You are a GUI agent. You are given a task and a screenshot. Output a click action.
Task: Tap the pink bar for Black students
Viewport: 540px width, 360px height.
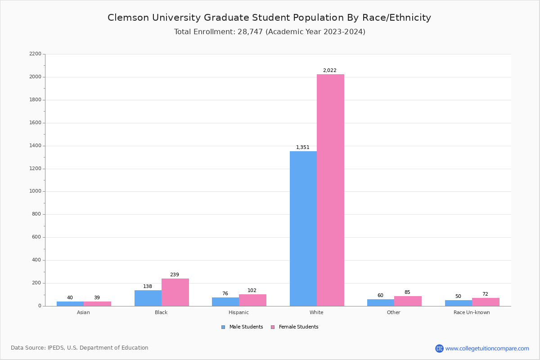[175, 292]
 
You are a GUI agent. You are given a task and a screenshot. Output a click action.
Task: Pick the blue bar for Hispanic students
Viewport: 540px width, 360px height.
[225, 301]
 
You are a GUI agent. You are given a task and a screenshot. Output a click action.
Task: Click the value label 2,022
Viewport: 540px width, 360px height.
[329, 70]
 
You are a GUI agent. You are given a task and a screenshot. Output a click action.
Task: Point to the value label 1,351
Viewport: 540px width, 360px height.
[302, 147]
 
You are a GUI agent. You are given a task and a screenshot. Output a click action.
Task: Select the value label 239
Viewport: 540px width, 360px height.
[175, 274]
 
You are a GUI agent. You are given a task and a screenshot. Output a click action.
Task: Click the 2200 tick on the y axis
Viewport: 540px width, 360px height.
[35, 54]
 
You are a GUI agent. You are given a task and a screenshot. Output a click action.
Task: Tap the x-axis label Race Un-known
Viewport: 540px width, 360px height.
[472, 312]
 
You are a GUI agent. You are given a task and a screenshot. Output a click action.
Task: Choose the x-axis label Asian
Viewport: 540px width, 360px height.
[83, 312]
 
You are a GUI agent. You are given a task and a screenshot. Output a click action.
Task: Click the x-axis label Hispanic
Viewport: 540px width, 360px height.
[238, 312]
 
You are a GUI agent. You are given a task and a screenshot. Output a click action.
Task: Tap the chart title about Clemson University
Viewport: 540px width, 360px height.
[269, 18]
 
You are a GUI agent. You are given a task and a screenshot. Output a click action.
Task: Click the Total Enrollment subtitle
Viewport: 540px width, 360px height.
[270, 32]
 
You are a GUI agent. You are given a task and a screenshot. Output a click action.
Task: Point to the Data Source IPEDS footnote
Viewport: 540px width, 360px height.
[80, 348]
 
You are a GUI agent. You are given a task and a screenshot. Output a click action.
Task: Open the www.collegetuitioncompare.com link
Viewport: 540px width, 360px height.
[487, 348]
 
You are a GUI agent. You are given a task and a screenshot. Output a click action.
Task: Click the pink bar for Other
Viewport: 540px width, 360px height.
[408, 301]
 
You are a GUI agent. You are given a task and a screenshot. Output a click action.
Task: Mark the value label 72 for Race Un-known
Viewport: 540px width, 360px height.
[485, 294]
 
